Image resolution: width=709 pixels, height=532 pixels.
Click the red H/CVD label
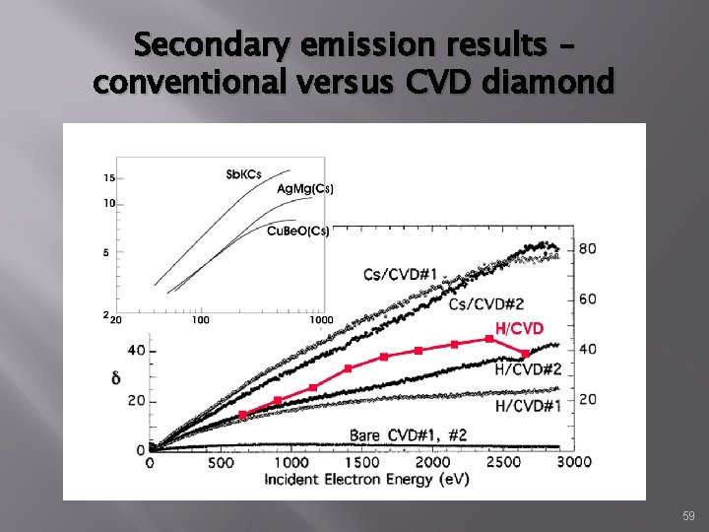519,328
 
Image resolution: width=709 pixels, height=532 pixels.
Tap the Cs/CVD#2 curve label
485,304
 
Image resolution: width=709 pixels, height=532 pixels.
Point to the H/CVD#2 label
528,369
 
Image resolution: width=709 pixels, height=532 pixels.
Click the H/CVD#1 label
528,405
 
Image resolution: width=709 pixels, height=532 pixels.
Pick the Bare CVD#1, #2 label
408,434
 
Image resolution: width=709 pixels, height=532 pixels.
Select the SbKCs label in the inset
243,174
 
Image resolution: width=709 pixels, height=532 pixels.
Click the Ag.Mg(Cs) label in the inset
304,189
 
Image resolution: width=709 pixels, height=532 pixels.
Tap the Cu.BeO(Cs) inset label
298,231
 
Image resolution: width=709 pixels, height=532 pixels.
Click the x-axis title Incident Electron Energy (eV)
366,479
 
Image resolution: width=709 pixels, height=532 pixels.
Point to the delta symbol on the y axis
116,375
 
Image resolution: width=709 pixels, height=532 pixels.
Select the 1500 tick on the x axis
363,461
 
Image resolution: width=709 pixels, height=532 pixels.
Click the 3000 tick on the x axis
573,461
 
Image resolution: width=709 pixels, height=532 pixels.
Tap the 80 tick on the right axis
587,248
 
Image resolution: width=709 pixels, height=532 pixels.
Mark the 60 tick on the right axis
587,299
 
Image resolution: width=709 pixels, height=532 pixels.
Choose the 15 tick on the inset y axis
108,178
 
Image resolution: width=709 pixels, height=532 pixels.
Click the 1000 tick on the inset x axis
320,319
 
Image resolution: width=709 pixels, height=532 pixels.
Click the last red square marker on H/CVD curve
526,353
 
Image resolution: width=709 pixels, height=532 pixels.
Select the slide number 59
687,516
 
